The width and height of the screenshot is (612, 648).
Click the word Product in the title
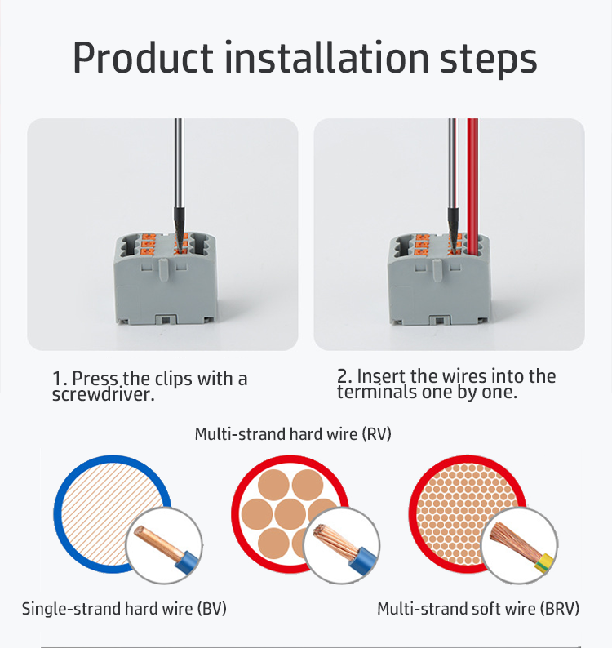point(143,57)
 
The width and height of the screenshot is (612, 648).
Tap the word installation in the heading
point(327,57)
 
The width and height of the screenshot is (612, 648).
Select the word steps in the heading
point(488,60)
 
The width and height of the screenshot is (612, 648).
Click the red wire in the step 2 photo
point(472,185)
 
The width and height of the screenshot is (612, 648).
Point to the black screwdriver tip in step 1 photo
point(179,228)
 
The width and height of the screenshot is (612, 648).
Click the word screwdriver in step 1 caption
point(104,394)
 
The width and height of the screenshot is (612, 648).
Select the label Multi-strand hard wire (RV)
point(293,434)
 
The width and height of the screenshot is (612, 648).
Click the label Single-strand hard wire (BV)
point(124,609)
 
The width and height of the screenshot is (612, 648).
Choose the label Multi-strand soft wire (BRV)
point(478,609)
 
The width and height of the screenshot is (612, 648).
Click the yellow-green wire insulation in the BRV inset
point(544,564)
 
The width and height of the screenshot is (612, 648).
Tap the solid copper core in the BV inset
point(157,542)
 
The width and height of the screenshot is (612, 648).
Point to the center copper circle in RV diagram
point(290,514)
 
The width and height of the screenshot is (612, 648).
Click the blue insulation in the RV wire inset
point(361,559)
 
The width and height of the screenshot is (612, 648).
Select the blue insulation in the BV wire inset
point(186,561)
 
